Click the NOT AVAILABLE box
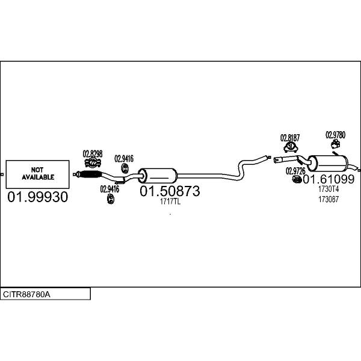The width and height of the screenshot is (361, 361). pos(38,174)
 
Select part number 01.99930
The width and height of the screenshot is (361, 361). pos(38,197)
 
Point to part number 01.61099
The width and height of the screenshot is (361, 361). pos(329,179)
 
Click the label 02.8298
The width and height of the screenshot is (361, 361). pos(92,154)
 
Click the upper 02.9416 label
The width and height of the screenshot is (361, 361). pos(124,159)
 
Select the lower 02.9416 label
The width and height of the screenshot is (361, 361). pos(110,189)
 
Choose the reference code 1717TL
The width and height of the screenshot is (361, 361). pos(170,202)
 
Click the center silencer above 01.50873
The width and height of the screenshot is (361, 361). pos(157,176)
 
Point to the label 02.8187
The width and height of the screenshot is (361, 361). pos(290,138)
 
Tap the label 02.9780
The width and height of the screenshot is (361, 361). pos(335,135)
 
